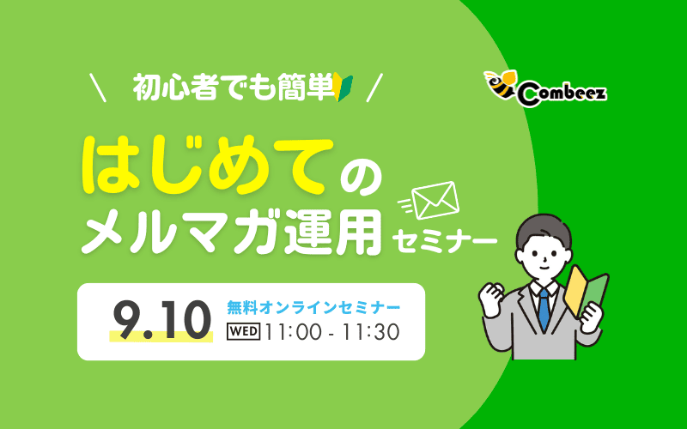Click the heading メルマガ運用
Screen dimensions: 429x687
pos(232,228)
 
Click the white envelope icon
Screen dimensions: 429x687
pos(435,202)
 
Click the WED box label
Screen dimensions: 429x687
pos(244,331)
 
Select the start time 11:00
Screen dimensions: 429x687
pos(295,331)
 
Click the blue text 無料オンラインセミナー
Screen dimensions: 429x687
pos(313,305)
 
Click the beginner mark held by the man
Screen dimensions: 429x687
pos(587,292)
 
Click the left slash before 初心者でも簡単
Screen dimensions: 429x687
pos(98,88)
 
